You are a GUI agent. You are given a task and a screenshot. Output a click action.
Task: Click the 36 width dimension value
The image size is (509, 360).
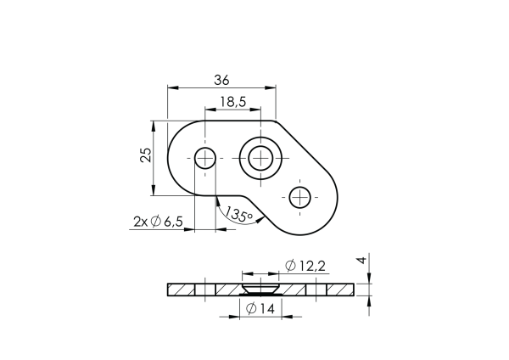tap(221, 80)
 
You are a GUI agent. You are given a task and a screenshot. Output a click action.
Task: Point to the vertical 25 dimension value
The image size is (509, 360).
tap(145, 155)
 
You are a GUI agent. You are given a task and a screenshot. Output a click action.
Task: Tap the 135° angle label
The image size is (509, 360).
tap(240, 215)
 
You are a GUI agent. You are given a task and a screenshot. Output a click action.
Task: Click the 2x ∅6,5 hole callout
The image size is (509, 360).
tap(159, 222)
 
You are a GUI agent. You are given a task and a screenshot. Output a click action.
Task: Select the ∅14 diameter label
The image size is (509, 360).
tap(260, 309)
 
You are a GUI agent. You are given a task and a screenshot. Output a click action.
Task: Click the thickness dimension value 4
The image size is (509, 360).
tap(361, 262)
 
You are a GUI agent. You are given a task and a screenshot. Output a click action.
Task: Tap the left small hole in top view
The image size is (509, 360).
tap(205, 158)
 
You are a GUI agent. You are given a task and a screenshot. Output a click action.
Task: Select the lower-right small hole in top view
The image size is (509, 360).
tap(299, 198)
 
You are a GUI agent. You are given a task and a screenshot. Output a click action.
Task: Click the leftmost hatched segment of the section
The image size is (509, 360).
tap(182, 290)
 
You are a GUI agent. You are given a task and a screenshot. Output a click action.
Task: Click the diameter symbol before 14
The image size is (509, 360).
tap(251, 309)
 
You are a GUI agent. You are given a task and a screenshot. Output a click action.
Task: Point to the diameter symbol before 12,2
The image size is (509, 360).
tap(291, 267)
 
